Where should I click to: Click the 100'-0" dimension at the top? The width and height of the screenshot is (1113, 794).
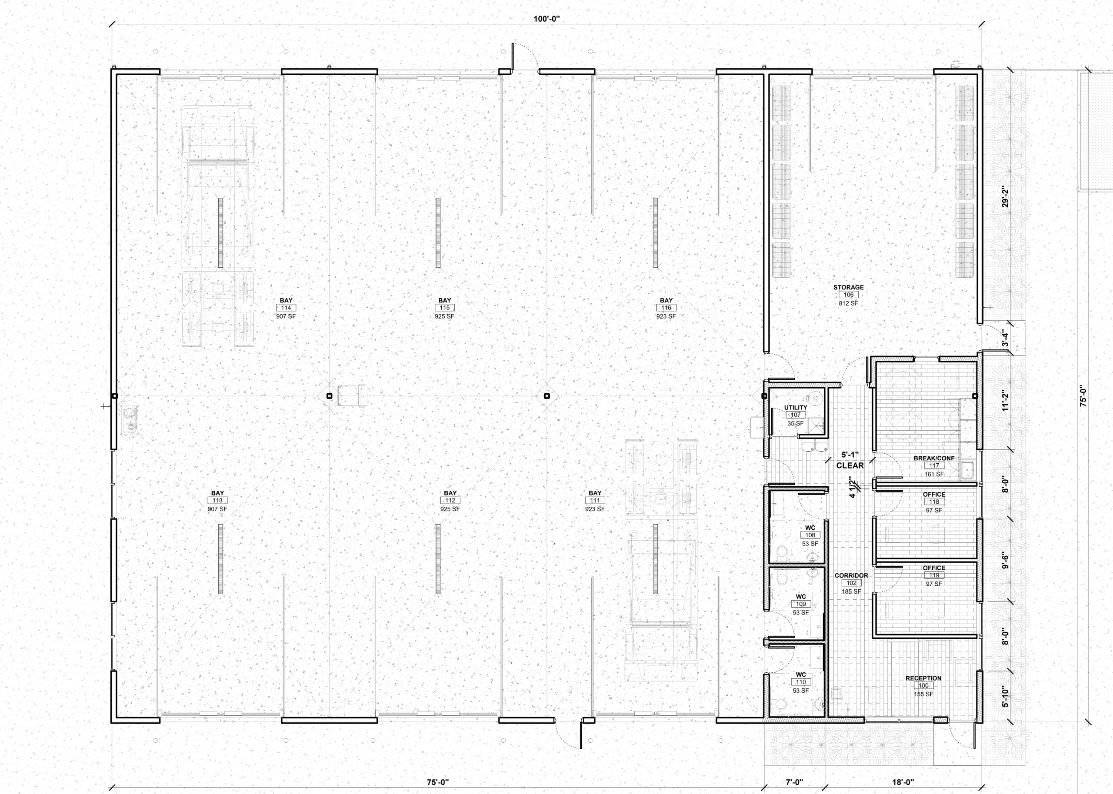(x=546, y=19)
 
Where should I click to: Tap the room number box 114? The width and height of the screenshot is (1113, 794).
(x=286, y=308)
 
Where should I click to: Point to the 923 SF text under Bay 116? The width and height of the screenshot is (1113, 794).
(x=666, y=316)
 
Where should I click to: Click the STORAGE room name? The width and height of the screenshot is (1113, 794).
(x=848, y=288)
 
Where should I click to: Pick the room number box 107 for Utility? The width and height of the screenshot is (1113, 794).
(x=796, y=415)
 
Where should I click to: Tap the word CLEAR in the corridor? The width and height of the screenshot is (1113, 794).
(x=850, y=465)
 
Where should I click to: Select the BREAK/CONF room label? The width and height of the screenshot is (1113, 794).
(x=934, y=458)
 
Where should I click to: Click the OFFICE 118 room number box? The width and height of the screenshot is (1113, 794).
(x=934, y=502)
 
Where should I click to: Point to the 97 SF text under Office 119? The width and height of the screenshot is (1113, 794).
(x=934, y=584)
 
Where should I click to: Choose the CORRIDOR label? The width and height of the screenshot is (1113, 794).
(x=851, y=575)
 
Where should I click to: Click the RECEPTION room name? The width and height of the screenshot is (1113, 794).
(x=923, y=678)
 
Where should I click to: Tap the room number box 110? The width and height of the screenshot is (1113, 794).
(x=800, y=682)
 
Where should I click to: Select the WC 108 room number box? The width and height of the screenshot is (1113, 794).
(x=810, y=535)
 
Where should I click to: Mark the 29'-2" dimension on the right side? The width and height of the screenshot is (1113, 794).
(x=1005, y=196)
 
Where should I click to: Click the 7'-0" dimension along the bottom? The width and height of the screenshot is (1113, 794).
(x=795, y=782)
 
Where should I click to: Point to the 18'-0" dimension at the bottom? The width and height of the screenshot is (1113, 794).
(x=903, y=782)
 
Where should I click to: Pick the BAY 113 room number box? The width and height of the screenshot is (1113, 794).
(x=218, y=501)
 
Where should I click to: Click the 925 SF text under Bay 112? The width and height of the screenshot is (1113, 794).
(x=450, y=509)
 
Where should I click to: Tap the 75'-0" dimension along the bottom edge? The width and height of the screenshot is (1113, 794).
(x=438, y=782)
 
